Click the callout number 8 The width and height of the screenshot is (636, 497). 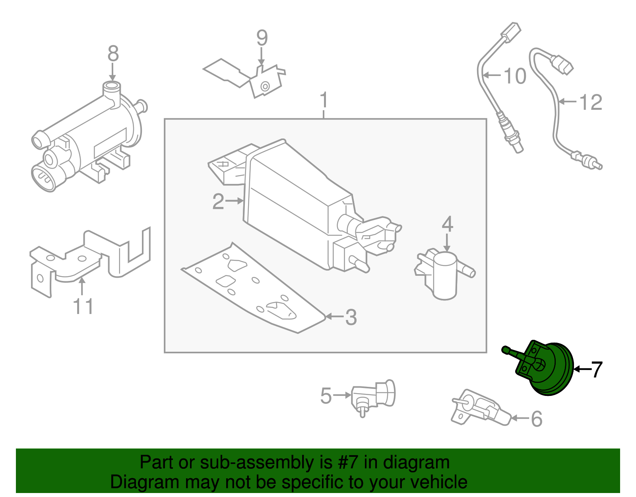click(x=113, y=53)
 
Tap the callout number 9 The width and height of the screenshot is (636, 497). click(x=262, y=38)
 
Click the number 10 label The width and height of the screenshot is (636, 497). click(x=515, y=76)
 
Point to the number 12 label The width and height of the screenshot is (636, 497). click(x=591, y=103)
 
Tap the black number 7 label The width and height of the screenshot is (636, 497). click(x=597, y=370)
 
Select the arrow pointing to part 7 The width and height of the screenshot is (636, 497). click(x=582, y=370)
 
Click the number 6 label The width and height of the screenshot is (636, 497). click(x=537, y=419)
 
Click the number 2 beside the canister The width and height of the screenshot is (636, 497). click(x=218, y=202)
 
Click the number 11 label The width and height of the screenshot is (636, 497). click(x=83, y=307)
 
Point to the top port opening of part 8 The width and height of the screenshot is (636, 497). click(x=112, y=86)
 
